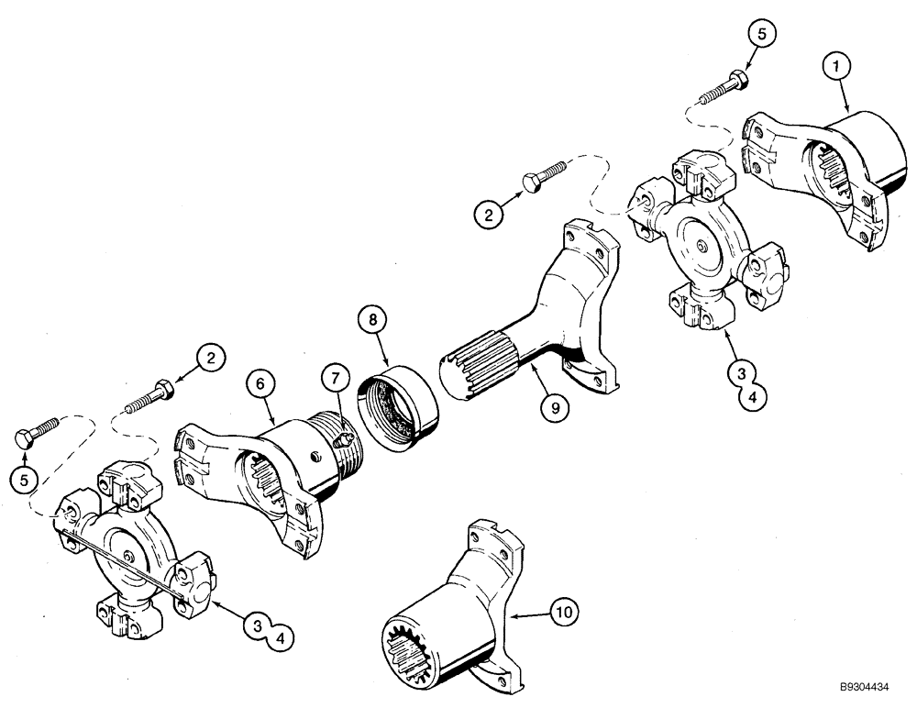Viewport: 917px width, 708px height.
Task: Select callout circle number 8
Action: click(x=373, y=324)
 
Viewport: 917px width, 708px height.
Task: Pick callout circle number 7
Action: click(x=335, y=378)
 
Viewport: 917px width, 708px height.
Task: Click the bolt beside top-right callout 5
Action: click(x=724, y=90)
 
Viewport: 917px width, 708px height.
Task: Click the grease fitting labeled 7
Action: click(x=344, y=438)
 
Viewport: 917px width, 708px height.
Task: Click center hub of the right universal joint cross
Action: click(x=700, y=245)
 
